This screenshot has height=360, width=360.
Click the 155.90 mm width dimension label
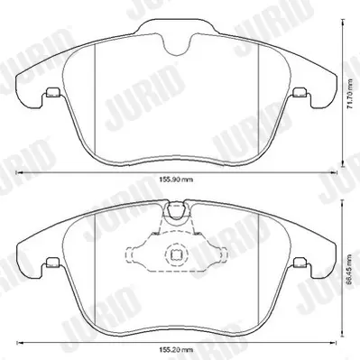point(176,180)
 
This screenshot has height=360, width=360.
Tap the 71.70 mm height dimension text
point(349,95)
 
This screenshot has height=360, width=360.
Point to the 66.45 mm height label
point(348,272)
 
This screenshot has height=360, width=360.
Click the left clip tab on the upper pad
point(53,92)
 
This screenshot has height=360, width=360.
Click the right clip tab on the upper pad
point(300,92)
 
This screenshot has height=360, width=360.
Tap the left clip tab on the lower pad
point(53,262)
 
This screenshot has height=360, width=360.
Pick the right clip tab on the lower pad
point(300,262)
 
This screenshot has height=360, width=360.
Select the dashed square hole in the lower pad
point(175,255)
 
